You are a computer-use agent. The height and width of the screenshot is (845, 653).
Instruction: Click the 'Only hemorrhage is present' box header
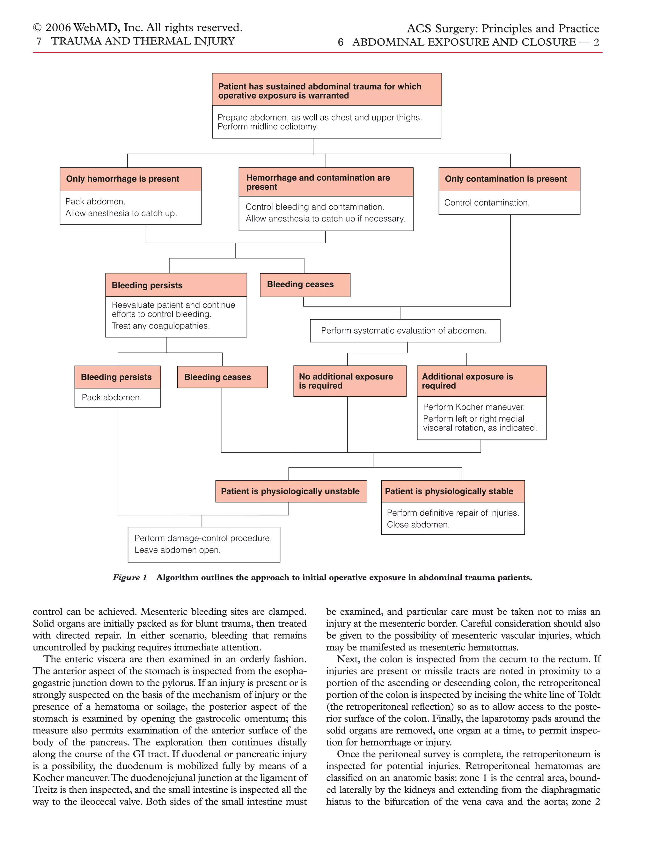pyautogui.click(x=130, y=179)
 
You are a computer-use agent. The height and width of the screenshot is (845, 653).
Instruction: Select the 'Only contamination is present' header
pyautogui.click(x=509, y=179)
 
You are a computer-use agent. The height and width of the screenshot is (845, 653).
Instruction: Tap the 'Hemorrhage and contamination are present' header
pyautogui.click(x=326, y=182)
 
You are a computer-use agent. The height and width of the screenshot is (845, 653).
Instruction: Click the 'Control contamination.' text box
pyautogui.click(x=509, y=203)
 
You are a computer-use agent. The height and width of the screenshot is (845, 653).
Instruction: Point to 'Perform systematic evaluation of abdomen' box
pyautogui.click(x=405, y=331)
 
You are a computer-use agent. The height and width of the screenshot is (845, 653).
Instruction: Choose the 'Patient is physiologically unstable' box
pyautogui.click(x=291, y=491)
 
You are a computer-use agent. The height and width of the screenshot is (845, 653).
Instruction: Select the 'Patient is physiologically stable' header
pyautogui.click(x=453, y=491)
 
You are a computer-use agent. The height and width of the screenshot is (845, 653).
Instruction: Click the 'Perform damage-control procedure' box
pyautogui.click(x=203, y=544)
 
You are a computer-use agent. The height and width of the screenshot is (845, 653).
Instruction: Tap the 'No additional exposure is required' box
pyautogui.click(x=349, y=381)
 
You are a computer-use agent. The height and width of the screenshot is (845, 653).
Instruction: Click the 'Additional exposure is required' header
pyautogui.click(x=481, y=381)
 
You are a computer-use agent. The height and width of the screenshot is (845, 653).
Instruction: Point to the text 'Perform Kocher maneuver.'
pyautogui.click(x=473, y=407)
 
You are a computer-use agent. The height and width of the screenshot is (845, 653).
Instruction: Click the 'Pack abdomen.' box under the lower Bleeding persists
pyautogui.click(x=117, y=398)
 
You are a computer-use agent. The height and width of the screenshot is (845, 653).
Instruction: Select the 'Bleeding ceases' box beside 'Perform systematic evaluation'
pyautogui.click(x=305, y=285)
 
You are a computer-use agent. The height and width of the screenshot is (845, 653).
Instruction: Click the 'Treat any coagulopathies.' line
pyautogui.click(x=161, y=326)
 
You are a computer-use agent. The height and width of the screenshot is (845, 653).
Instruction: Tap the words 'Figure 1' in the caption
pyautogui.click(x=129, y=578)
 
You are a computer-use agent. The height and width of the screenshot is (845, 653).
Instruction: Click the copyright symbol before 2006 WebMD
pyautogui.click(x=37, y=28)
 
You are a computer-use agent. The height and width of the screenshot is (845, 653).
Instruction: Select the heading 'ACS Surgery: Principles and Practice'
pyautogui.click(x=503, y=29)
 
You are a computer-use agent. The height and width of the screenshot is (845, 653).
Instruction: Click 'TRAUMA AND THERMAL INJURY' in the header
pyautogui.click(x=143, y=41)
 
